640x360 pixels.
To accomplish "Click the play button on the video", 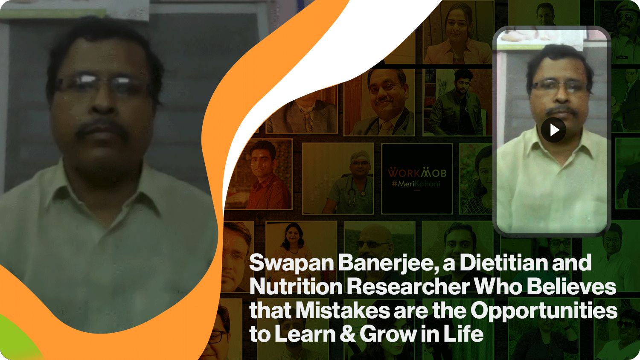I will [553, 130].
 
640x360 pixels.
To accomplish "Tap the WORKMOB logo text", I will [417, 173].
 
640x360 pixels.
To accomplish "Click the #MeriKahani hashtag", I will [416, 184].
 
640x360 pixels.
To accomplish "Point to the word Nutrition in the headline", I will [296, 287].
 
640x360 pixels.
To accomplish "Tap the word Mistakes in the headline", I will [342, 311].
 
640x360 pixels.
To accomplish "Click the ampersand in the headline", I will [348, 334].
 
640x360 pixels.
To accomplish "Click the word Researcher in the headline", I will [408, 287].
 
